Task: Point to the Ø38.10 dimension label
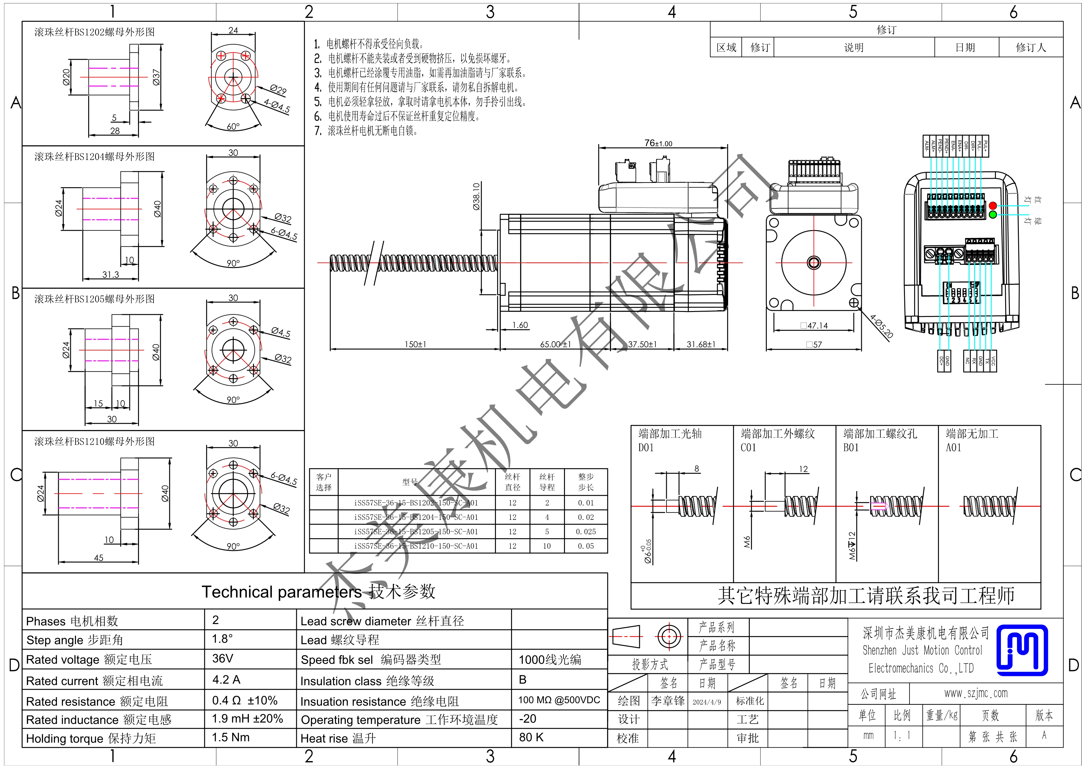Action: click(x=476, y=196)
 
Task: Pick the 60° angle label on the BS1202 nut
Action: click(x=233, y=127)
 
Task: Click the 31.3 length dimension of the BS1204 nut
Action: click(x=111, y=274)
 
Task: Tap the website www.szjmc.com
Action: click(x=976, y=694)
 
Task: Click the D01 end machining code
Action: click(x=646, y=448)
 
